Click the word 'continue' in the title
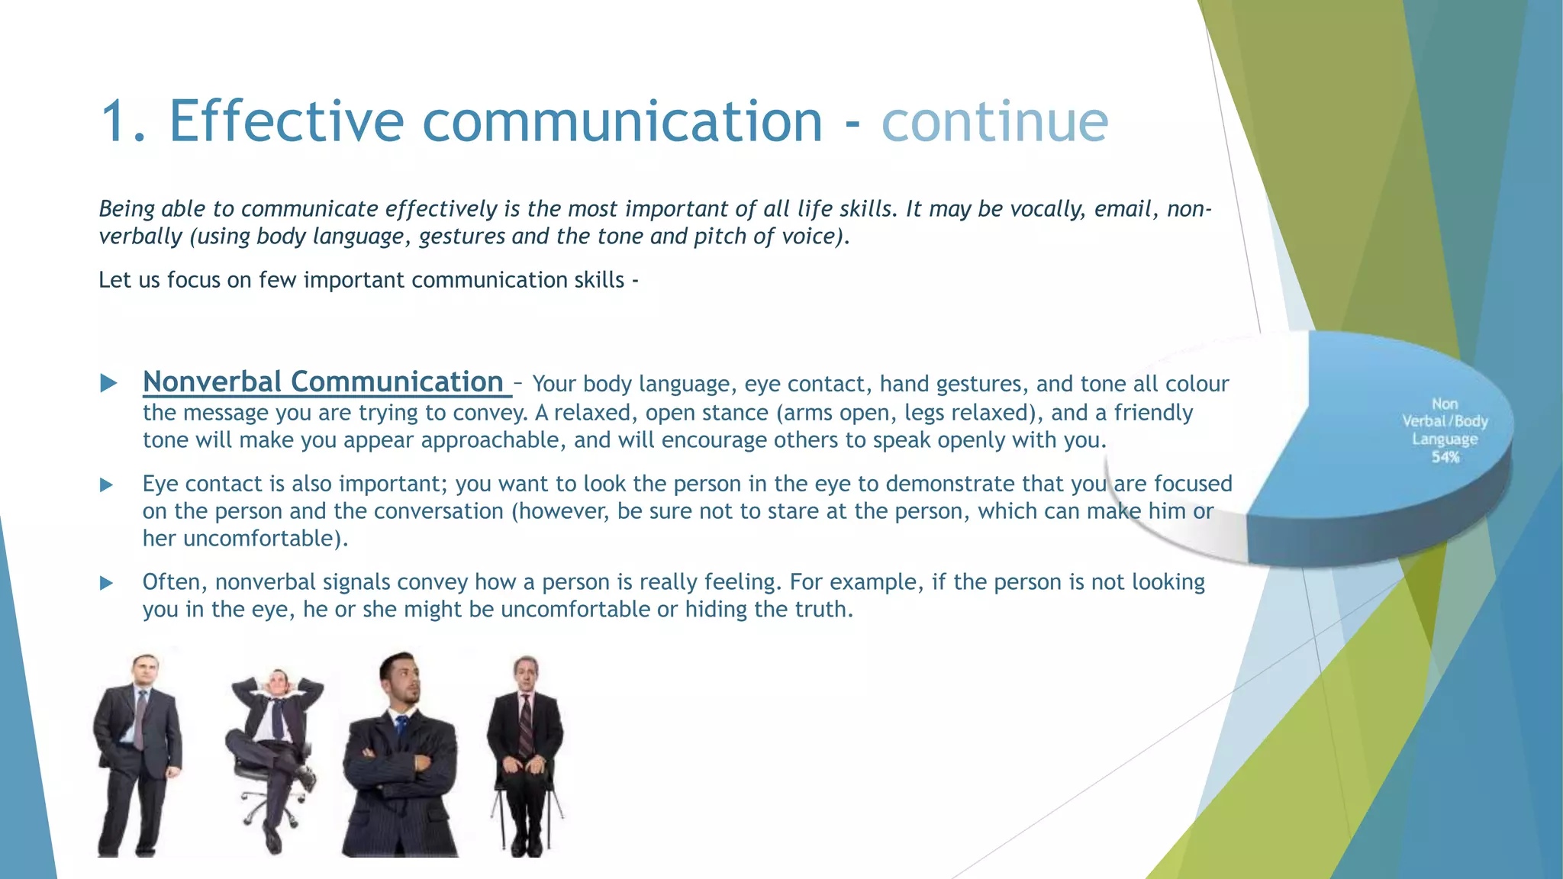(x=994, y=121)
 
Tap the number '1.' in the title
(x=123, y=121)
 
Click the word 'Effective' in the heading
(x=286, y=121)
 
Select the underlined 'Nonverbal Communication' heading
(x=324, y=382)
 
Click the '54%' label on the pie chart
(x=1445, y=457)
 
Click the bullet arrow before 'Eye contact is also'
(x=107, y=485)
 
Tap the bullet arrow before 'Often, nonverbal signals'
(x=107, y=583)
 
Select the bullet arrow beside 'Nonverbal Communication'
(x=108, y=383)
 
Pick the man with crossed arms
(x=401, y=755)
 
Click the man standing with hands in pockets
(x=139, y=752)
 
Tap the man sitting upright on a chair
(x=525, y=752)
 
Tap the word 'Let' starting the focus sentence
(x=114, y=280)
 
